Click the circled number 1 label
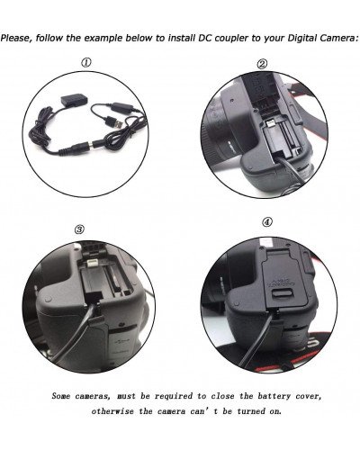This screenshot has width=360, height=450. (87, 63)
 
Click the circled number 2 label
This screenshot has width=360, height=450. (263, 64)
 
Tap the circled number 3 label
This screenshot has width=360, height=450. (79, 229)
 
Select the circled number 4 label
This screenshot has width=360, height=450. (266, 222)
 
